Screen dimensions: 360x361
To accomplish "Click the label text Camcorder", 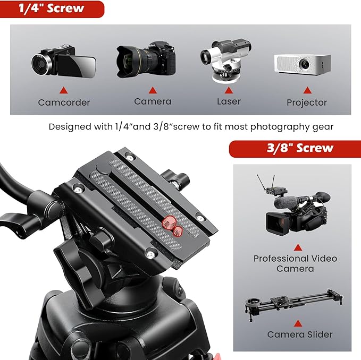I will click(x=64, y=102).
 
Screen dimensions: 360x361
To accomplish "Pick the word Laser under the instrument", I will click(x=229, y=101).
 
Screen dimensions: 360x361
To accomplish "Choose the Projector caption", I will click(x=307, y=102).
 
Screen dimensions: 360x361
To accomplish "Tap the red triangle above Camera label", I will click(x=152, y=90).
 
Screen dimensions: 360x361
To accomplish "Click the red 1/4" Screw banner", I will click(x=52, y=8).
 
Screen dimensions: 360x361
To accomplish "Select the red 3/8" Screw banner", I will click(x=295, y=148).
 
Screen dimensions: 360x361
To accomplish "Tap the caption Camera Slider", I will click(x=300, y=335).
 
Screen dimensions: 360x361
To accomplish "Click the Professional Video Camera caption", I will click(x=295, y=263).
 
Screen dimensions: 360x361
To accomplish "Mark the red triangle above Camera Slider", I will click(x=298, y=323).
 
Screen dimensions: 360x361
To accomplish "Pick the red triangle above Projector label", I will click(x=307, y=90).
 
